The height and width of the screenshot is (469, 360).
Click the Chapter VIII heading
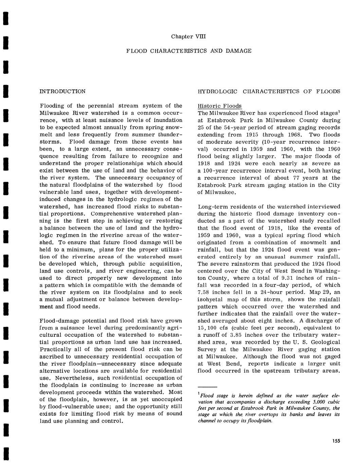coord(188,36)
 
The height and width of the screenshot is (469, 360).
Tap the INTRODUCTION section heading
coord(62,91)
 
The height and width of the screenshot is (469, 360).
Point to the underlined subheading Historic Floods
coord(220,106)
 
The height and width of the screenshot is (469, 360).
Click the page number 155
coord(336,441)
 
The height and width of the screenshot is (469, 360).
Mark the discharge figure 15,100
coord(208,328)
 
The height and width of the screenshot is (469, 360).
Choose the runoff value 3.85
coord(235,335)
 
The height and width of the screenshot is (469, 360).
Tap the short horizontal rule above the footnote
coord(207,387)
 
